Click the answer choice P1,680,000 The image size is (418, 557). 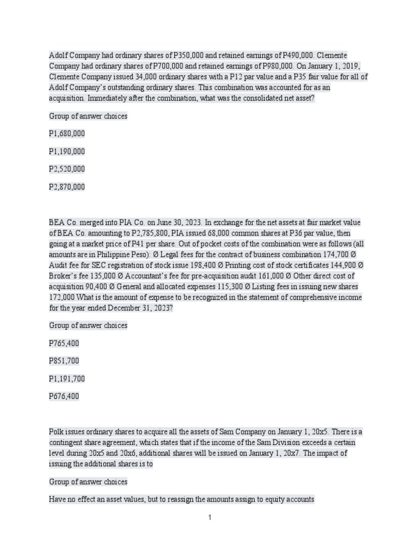[67, 134]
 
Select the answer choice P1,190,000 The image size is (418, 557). [67, 152]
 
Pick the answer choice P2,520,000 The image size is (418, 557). [67, 169]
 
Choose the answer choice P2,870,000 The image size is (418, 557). [67, 187]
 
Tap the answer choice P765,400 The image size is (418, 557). [64, 344]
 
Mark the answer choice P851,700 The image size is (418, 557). [64, 361]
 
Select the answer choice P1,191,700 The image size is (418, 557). [67, 379]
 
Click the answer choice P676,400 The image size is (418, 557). [64, 397]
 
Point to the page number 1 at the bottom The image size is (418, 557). [210, 518]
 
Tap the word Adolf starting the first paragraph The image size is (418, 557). [58, 55]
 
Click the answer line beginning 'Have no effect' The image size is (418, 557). [181, 499]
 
